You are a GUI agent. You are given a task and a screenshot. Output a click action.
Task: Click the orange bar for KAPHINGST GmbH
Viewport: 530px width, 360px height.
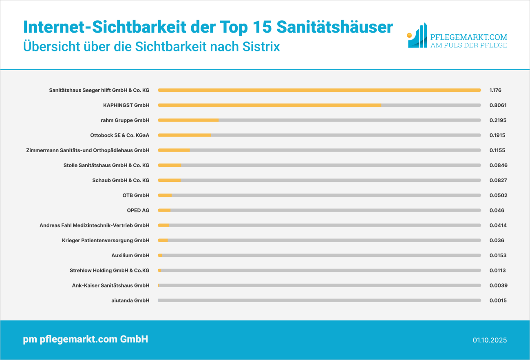click(269, 105)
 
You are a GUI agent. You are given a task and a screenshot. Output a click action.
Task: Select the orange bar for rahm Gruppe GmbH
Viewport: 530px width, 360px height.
click(188, 120)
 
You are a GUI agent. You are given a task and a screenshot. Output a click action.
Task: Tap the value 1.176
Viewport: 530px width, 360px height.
click(495, 90)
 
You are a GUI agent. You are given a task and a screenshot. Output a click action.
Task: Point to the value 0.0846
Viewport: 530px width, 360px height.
click(498, 165)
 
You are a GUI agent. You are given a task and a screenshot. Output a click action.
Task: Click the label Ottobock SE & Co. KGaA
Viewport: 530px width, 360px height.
click(119, 135)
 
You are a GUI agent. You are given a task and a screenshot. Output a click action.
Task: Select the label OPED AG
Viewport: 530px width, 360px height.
click(138, 210)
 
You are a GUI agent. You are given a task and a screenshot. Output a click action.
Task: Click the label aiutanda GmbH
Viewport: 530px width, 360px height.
click(130, 300)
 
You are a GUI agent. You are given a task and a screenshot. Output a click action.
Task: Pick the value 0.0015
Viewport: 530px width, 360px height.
click(498, 300)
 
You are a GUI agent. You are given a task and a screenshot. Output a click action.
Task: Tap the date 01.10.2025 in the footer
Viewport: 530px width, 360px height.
click(490, 340)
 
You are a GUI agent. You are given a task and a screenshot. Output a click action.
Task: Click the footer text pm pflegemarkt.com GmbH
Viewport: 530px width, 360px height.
click(85, 339)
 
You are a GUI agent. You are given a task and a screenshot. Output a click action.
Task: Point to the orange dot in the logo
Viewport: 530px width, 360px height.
click(410, 35)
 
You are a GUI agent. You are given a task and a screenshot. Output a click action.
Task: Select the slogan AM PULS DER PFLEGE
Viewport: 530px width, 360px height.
click(469, 45)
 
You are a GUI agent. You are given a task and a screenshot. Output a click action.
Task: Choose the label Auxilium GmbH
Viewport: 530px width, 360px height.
click(130, 256)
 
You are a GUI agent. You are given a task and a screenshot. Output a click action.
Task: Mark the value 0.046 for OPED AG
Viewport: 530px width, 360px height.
click(497, 210)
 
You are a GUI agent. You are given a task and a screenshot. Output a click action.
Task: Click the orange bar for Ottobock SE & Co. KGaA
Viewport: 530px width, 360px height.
click(184, 135)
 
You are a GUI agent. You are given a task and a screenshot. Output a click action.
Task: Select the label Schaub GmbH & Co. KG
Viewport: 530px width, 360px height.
click(121, 180)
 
